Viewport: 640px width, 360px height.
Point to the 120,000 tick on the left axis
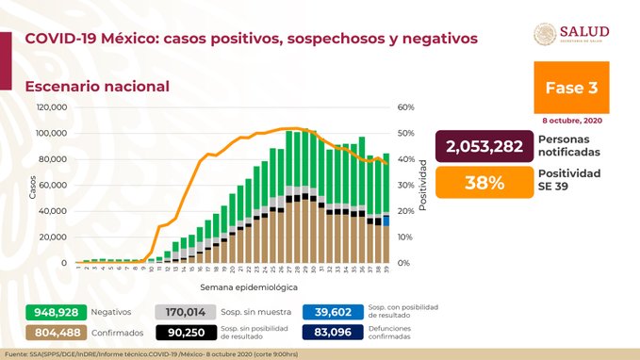coord(52,107)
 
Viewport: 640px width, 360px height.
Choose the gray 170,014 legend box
coord(183,311)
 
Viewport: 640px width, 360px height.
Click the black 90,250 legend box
coord(183,332)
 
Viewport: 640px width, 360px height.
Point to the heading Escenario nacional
coord(97,86)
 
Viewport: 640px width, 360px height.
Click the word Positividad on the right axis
coord(425,185)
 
